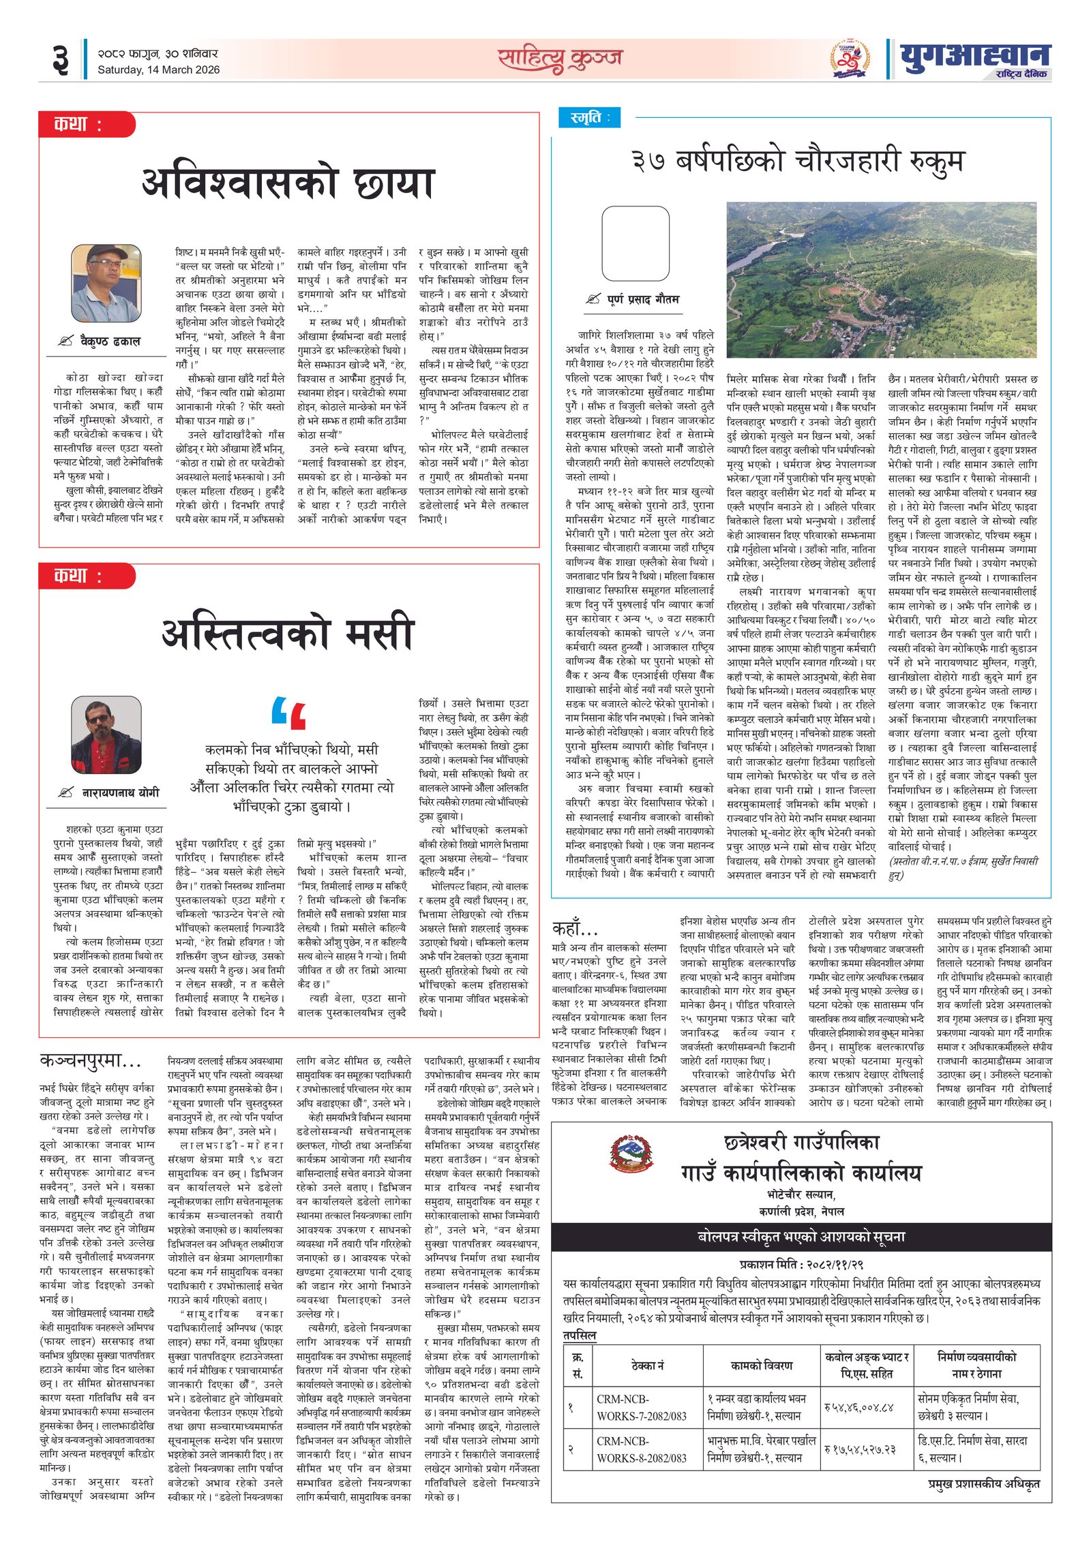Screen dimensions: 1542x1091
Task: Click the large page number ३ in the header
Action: pos(60,60)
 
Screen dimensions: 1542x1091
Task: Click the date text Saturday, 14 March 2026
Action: pos(158,70)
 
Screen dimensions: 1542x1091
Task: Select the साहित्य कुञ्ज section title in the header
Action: pos(559,59)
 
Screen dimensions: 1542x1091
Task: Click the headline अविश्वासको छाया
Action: pos(288,183)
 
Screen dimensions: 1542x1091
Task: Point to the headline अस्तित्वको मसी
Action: pos(288,632)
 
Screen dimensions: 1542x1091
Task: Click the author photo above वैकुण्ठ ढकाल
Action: pos(106,283)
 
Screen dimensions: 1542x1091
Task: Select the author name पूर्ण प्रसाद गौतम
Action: pos(642,299)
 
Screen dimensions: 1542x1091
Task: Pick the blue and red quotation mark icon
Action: pos(288,713)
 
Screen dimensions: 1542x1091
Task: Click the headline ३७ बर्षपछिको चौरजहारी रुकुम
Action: pos(798,161)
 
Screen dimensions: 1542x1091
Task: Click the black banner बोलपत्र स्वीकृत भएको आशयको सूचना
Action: pos(801,1237)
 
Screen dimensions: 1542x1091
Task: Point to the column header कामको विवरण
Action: pos(761,1366)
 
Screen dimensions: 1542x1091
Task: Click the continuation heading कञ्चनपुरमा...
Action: pos(91,1061)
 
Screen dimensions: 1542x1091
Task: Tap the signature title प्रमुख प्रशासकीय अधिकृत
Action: pos(983,1483)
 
